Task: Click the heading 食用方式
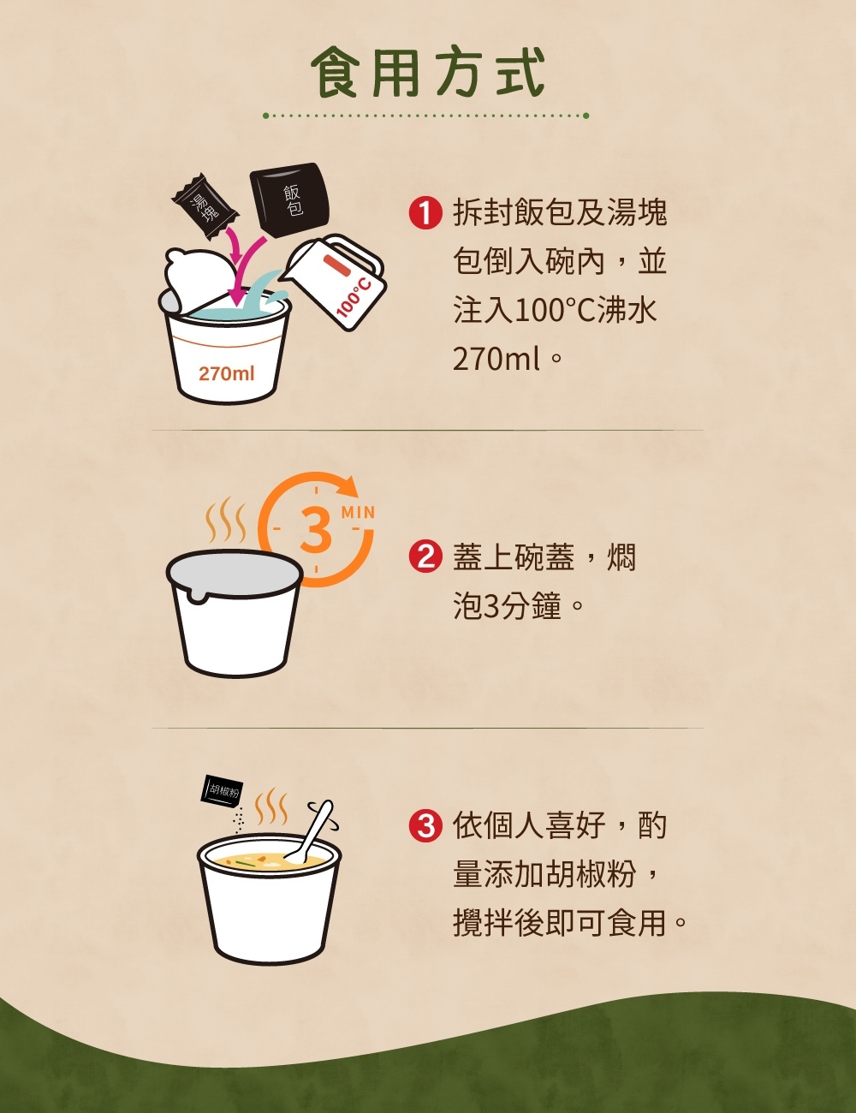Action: pyautogui.click(x=427, y=73)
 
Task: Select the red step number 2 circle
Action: pyautogui.click(x=425, y=557)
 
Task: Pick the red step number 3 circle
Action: pyautogui.click(x=425, y=826)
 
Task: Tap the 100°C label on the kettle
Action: pyautogui.click(x=354, y=295)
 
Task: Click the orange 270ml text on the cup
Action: pyautogui.click(x=226, y=374)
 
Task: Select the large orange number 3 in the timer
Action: pyautogui.click(x=316, y=529)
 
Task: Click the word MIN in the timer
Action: pyautogui.click(x=358, y=513)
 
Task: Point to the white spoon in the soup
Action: pyautogui.click(x=311, y=833)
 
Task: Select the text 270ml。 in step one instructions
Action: pyautogui.click(x=507, y=359)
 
